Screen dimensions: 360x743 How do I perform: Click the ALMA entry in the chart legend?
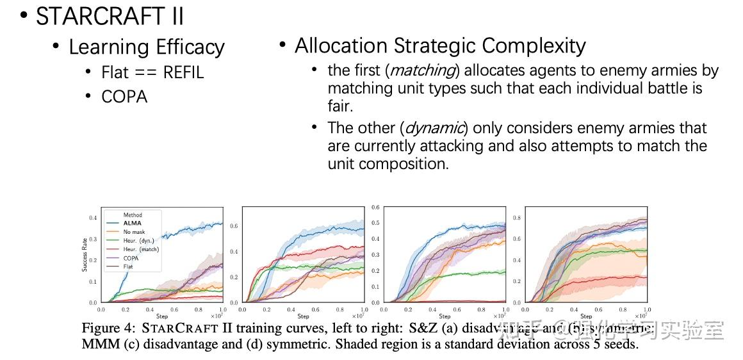coord(132,223)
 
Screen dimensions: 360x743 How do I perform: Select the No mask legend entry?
coord(134,232)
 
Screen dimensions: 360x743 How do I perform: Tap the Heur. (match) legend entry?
coord(141,249)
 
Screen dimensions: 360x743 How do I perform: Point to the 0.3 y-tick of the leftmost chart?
coord(93,239)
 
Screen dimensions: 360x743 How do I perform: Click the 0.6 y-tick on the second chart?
coord(234,226)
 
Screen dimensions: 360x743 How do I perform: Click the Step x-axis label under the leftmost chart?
coord(161,316)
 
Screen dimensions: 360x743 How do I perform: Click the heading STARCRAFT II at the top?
coord(110,16)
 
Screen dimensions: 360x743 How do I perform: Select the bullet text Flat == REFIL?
coord(152,72)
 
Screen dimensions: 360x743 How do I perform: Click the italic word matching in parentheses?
coord(423,70)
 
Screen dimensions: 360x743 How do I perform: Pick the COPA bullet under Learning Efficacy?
coord(124,97)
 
